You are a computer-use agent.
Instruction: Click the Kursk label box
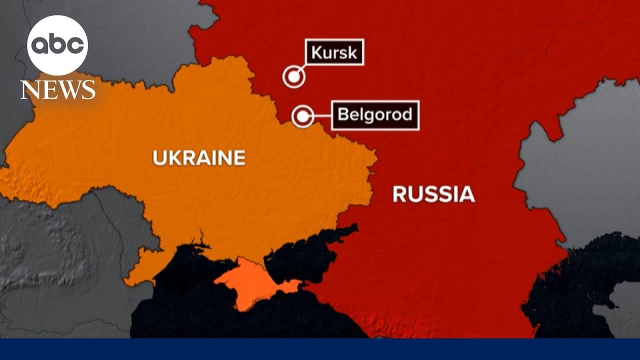click(x=334, y=52)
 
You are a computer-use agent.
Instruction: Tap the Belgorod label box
click(x=375, y=115)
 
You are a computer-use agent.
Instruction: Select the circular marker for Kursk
click(x=294, y=77)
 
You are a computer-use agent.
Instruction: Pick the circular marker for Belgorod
click(x=302, y=116)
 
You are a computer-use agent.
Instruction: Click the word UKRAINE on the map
click(x=199, y=158)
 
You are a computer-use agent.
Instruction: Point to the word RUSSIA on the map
click(x=433, y=194)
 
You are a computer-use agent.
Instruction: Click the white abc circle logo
click(x=57, y=45)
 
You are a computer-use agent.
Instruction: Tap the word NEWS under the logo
click(x=58, y=90)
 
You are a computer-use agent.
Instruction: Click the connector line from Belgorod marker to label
click(x=322, y=116)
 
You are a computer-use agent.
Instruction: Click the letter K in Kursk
click(x=316, y=52)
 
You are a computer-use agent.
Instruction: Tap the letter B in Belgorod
click(x=343, y=114)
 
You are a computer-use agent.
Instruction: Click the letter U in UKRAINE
click(x=159, y=158)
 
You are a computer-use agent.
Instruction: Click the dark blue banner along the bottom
click(x=320, y=349)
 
